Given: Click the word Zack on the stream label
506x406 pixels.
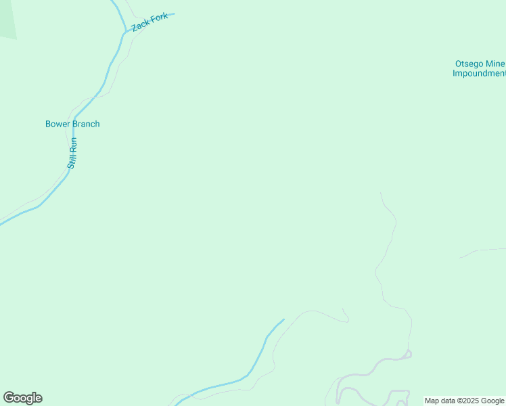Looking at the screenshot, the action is click(x=140, y=25).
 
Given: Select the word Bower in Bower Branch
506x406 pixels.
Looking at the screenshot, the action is click(x=57, y=124).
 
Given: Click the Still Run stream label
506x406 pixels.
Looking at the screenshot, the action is click(x=73, y=153).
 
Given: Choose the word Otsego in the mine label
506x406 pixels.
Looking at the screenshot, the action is click(x=469, y=64).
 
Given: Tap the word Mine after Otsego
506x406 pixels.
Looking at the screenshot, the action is click(x=495, y=64).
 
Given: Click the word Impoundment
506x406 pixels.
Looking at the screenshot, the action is click(x=479, y=74).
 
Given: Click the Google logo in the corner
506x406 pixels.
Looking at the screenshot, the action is click(x=22, y=398).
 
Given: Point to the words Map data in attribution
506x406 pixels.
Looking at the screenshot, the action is click(x=439, y=401).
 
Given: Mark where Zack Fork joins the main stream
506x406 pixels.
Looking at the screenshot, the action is click(x=125, y=31).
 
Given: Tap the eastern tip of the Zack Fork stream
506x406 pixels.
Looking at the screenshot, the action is click(x=173, y=14).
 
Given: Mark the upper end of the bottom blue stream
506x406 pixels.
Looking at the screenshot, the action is click(x=283, y=319).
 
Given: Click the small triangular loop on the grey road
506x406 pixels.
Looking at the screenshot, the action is click(x=408, y=353).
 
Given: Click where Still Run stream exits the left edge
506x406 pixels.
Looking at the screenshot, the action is click(x=1, y=222).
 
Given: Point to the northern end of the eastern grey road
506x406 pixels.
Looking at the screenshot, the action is click(x=381, y=194).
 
